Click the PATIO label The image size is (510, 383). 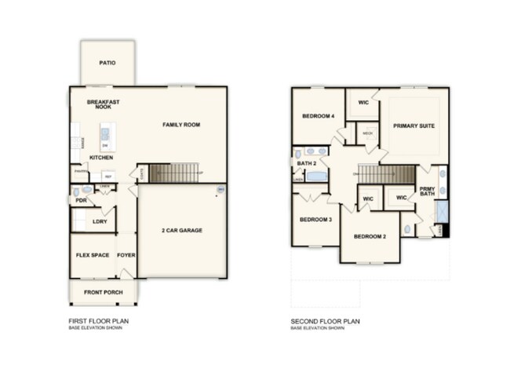point(107,63)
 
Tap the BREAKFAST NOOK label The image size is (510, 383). point(103,104)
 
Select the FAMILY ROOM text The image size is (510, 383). point(182,125)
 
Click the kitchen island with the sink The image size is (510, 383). point(105,137)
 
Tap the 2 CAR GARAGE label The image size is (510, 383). point(182,231)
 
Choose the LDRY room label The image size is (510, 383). point(100,221)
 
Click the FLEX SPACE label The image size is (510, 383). point(92,255)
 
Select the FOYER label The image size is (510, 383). point(126,255)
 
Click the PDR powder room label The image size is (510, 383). point(80,200)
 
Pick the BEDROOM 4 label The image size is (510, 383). point(319,117)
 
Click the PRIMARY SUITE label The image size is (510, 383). point(414,126)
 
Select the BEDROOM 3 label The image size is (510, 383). point(315,220)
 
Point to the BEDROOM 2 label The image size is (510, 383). point(369,236)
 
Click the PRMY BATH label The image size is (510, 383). point(427,191)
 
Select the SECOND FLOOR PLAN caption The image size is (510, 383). point(324,322)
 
